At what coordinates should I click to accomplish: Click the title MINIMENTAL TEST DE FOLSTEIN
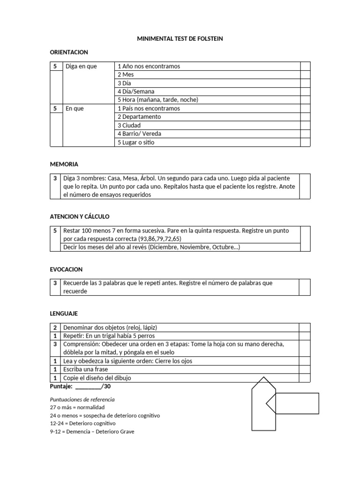click(x=180, y=39)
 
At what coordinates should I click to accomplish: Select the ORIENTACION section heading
click(x=69, y=52)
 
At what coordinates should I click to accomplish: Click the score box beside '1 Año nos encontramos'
click(x=305, y=66)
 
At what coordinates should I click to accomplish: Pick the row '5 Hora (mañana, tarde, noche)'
click(x=158, y=100)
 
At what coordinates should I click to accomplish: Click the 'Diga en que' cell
click(x=81, y=66)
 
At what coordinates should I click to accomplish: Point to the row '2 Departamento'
click(x=139, y=117)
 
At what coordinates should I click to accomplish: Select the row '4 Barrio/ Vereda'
click(x=139, y=134)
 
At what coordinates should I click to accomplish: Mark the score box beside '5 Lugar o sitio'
click(x=305, y=142)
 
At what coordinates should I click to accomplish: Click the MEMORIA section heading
click(x=64, y=165)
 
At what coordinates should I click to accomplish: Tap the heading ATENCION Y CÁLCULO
click(x=79, y=217)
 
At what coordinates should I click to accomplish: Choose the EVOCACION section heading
click(x=66, y=270)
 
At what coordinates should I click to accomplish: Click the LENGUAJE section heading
click(x=64, y=313)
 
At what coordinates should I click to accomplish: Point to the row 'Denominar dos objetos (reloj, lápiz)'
click(x=113, y=327)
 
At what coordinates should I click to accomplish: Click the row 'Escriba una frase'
click(x=86, y=369)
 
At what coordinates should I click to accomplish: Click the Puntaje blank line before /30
click(x=88, y=387)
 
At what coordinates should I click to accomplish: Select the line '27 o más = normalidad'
click(x=77, y=407)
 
